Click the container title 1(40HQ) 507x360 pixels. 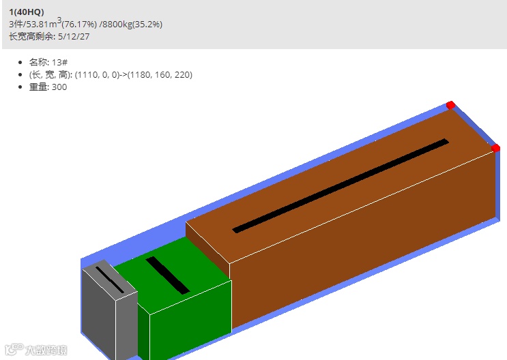(27, 12)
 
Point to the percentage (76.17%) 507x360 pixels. (79, 25)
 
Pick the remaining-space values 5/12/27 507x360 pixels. (74, 37)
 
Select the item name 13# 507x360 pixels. (60, 62)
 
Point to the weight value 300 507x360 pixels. (59, 87)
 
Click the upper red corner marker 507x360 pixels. (450, 105)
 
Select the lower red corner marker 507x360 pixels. (495, 148)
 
